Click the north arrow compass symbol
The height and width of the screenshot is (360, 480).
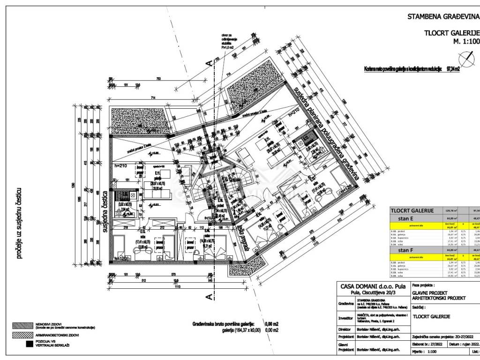[466, 59]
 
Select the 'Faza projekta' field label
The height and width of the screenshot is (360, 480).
[424, 298]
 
